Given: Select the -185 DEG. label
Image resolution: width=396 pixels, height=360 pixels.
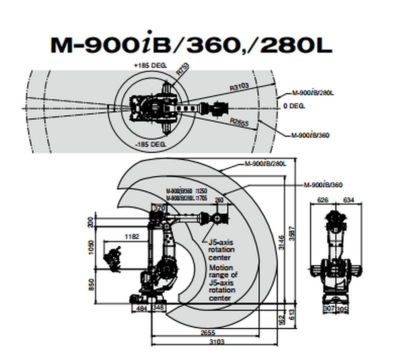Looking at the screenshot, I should click(150, 145).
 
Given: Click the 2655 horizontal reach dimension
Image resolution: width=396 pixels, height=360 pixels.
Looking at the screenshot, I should click(204, 332).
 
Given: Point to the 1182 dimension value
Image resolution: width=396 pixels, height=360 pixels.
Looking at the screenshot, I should click(131, 237).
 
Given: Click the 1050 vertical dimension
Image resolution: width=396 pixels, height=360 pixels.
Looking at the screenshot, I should click(92, 248).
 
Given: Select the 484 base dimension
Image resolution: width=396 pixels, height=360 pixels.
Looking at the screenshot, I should click(141, 308).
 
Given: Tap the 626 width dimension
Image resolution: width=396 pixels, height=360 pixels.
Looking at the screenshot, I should click(324, 200).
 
